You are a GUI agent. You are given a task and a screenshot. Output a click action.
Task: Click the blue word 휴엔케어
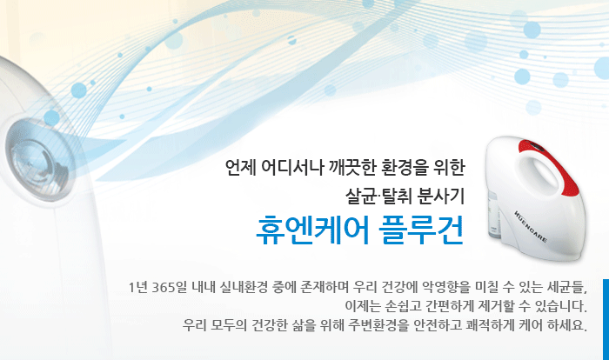coord(313,230)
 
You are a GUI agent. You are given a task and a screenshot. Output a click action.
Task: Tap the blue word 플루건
coord(422,230)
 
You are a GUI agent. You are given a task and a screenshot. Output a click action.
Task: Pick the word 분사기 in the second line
coord(441,196)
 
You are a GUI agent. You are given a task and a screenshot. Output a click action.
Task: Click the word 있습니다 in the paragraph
coord(560,306)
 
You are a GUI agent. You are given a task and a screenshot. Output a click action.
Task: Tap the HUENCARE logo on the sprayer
coord(531,226)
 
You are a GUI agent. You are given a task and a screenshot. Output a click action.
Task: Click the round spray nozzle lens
coord(37,160)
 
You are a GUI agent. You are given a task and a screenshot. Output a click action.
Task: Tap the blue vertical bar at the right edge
coord(606,319)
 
